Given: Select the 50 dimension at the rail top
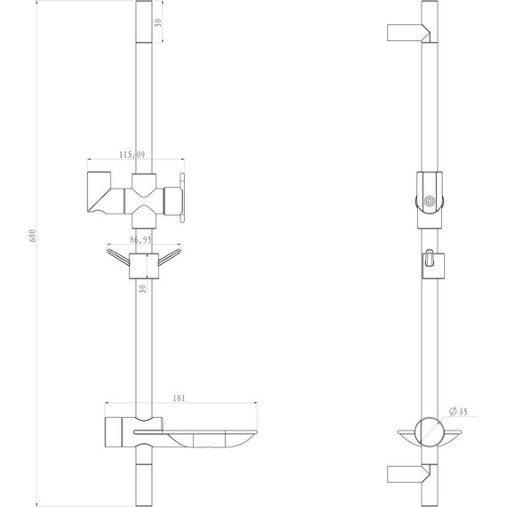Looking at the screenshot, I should tap(157, 23).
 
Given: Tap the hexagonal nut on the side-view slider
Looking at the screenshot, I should tap(430, 202).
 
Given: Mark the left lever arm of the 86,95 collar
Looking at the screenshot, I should tap(117, 257).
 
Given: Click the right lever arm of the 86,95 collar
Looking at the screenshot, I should tap(169, 257).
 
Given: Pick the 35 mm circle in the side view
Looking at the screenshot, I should tap(431, 431).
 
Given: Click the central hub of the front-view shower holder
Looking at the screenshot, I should tap(143, 190).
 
